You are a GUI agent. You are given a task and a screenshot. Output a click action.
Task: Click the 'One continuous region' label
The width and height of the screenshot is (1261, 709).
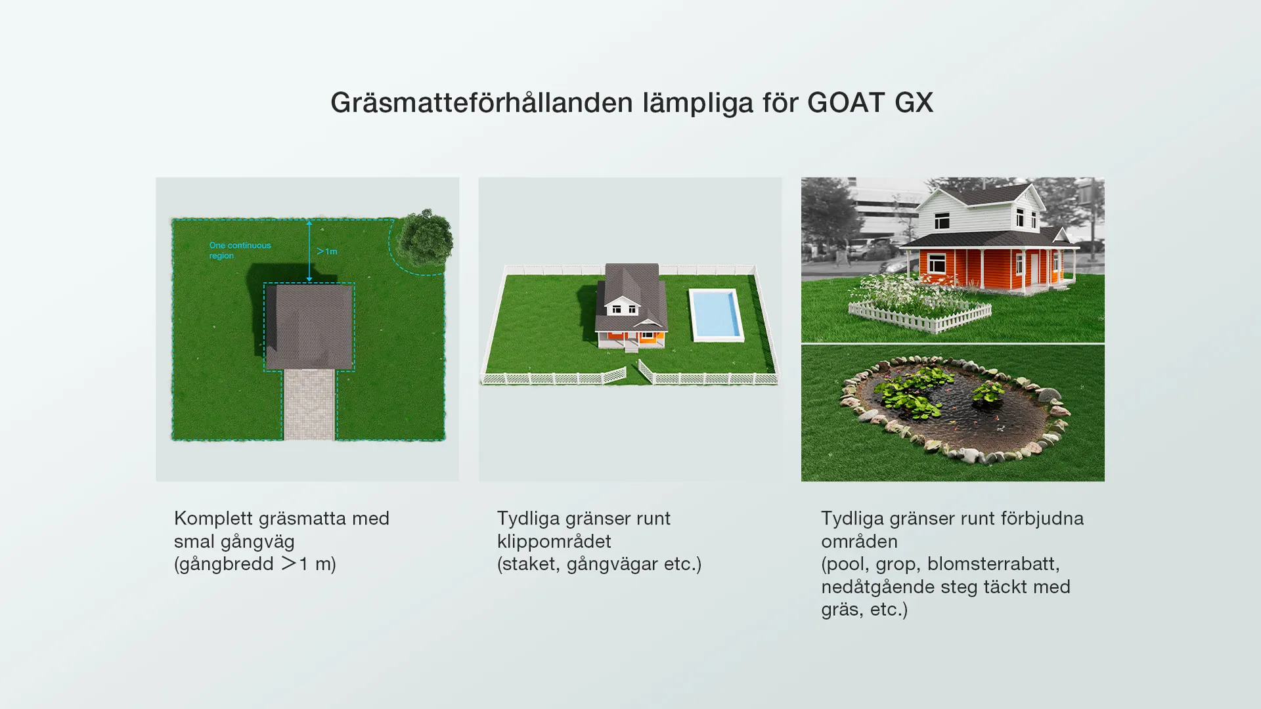pyautogui.click(x=240, y=250)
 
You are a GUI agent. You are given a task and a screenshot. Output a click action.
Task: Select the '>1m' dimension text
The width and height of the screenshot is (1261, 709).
pyautogui.click(x=326, y=251)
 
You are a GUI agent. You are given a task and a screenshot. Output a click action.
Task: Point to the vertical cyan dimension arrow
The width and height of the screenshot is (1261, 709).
pyautogui.click(x=309, y=251)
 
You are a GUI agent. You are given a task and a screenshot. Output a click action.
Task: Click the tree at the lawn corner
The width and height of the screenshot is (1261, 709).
pyautogui.click(x=426, y=236)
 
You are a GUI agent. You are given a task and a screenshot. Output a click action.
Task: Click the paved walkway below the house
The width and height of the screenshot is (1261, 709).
pyautogui.click(x=309, y=404)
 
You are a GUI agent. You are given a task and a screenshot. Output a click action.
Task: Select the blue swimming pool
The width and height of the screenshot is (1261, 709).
pyautogui.click(x=716, y=315)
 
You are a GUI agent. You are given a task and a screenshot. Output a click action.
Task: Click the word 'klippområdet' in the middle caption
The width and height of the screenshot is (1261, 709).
pyautogui.click(x=554, y=542)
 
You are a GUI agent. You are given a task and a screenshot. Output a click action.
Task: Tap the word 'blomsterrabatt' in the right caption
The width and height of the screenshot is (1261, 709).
pyautogui.click(x=992, y=564)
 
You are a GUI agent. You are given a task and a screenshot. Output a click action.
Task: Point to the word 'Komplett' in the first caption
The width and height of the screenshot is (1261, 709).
pyautogui.click(x=213, y=519)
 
